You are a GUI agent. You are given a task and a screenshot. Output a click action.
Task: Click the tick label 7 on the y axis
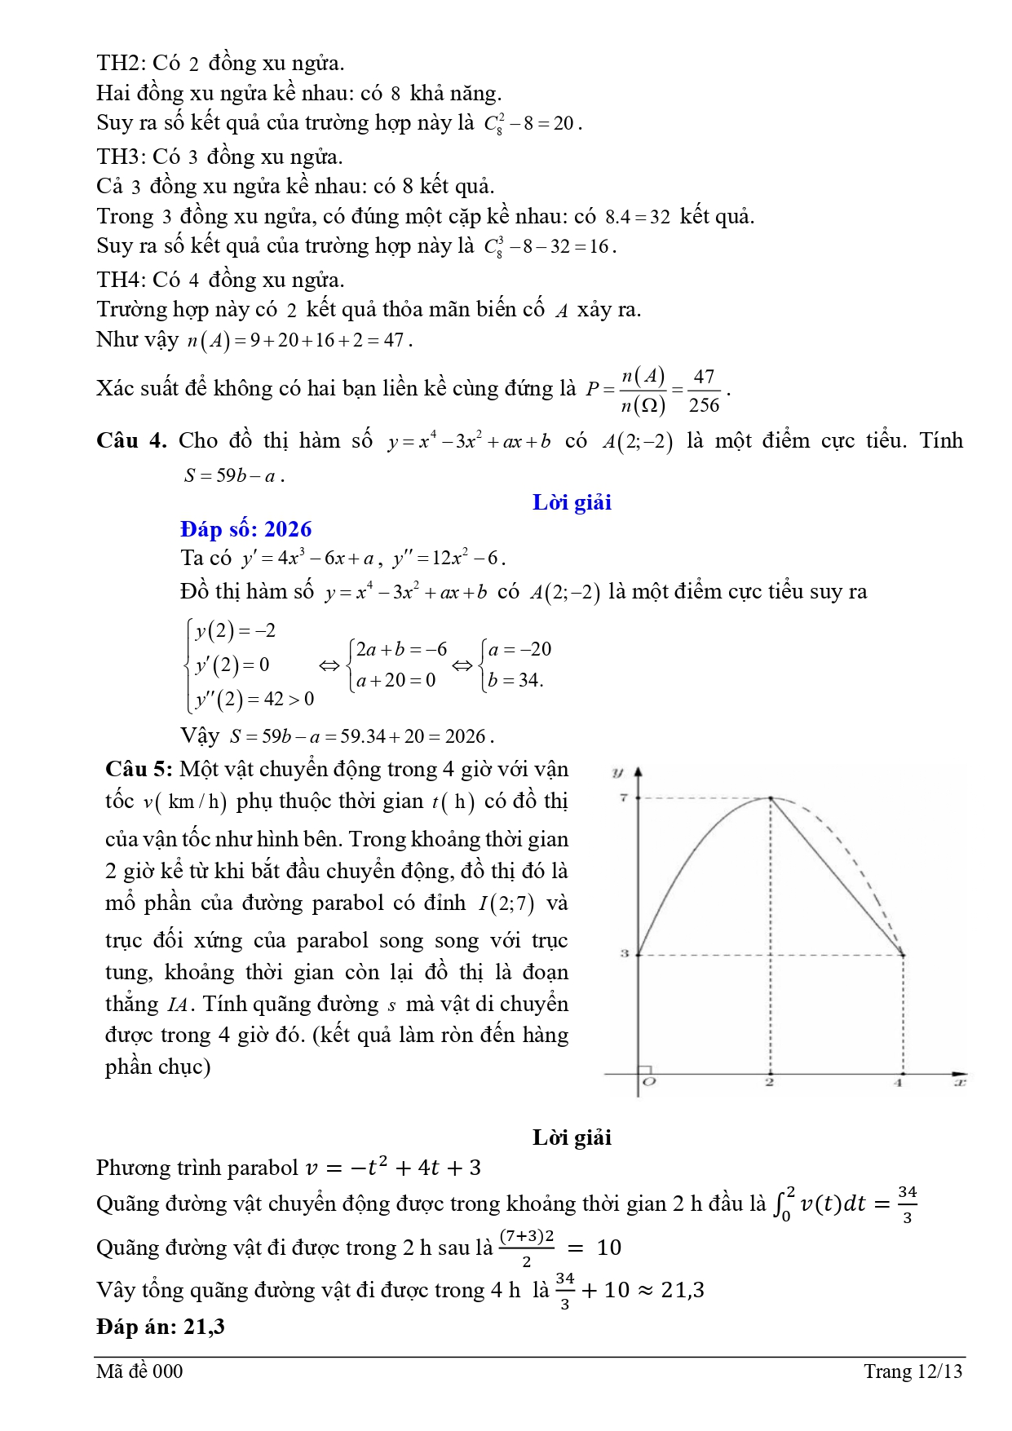point(623,797)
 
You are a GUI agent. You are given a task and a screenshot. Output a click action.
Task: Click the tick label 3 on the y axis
point(625,952)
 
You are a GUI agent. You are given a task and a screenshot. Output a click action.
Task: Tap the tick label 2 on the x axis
point(769,1082)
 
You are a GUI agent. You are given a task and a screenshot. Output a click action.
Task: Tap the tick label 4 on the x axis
point(898,1082)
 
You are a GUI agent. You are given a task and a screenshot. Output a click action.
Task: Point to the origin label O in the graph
point(649,1082)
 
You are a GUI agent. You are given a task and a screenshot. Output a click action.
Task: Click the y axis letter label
point(617,772)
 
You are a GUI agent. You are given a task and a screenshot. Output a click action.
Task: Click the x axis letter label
point(960,1082)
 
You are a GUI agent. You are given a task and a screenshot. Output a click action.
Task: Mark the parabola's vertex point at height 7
point(771,798)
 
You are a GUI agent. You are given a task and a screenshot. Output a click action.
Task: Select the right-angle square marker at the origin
point(643,1070)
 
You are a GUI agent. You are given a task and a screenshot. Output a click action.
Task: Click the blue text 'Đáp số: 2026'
point(245,529)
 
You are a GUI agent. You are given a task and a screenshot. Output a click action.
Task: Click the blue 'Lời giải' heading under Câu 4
point(572,502)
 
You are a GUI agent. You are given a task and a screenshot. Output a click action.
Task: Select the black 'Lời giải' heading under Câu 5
point(572,1137)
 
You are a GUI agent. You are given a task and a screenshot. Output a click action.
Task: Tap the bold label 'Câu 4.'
point(130,440)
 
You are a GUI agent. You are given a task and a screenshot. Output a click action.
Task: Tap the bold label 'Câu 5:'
point(139,769)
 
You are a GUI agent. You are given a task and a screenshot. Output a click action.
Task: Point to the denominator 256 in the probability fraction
point(704,405)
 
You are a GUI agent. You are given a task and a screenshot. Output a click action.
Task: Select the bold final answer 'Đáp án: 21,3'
point(161,1327)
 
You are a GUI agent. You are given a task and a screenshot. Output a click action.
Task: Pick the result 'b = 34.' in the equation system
point(515,679)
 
